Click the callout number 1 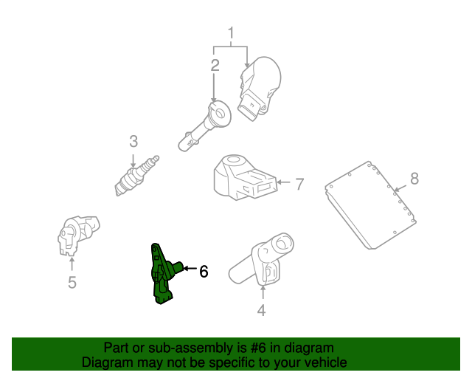[x=231, y=33]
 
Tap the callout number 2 [x=215, y=66]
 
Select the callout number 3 [x=133, y=141]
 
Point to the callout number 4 [x=261, y=310]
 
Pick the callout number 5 [x=72, y=282]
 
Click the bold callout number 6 [x=204, y=271]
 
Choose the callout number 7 [x=299, y=184]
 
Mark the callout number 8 [x=414, y=178]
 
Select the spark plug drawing [x=136, y=176]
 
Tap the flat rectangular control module [x=370, y=205]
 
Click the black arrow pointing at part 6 [x=190, y=268]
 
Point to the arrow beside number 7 [x=283, y=182]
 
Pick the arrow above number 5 [x=72, y=264]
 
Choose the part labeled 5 [x=78, y=236]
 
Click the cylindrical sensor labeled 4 [x=261, y=259]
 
